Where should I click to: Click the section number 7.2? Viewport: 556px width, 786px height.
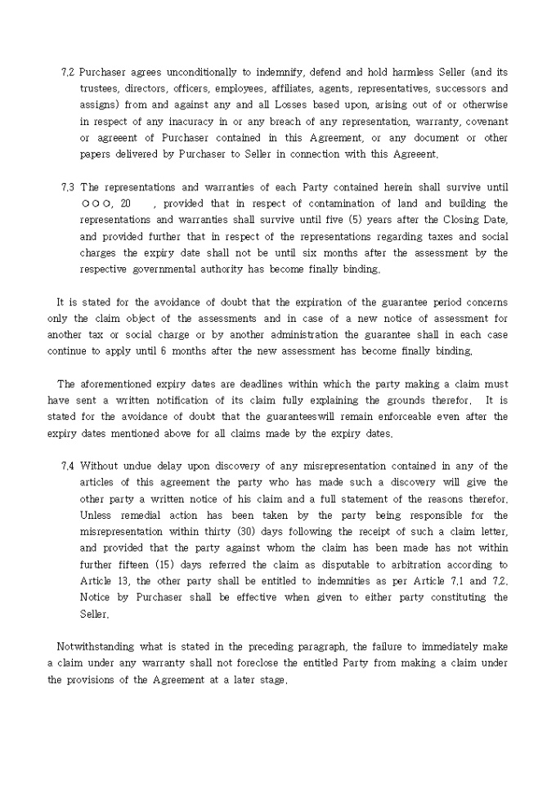coord(68,72)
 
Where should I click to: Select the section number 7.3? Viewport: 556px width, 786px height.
coord(68,186)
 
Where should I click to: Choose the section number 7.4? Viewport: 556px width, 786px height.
coord(68,467)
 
